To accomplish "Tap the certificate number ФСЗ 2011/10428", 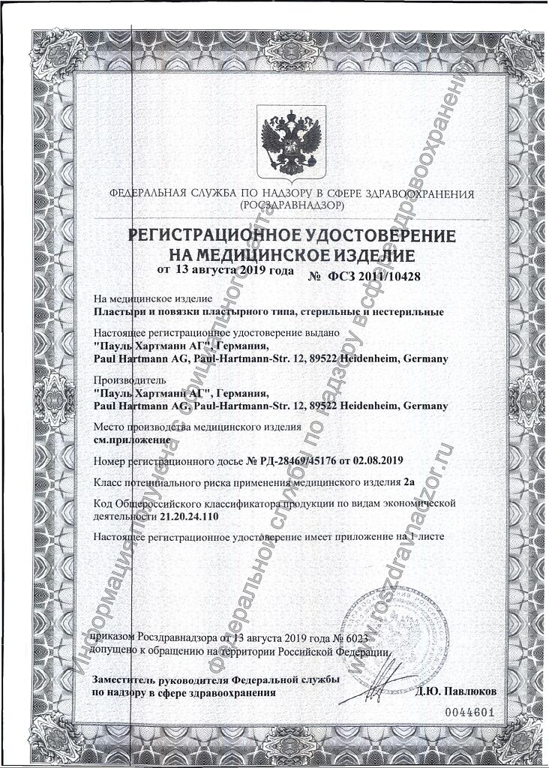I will click(x=373, y=276).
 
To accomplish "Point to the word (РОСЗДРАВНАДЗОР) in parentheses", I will click(x=291, y=205).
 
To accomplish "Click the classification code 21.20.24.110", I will click(x=190, y=517).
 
